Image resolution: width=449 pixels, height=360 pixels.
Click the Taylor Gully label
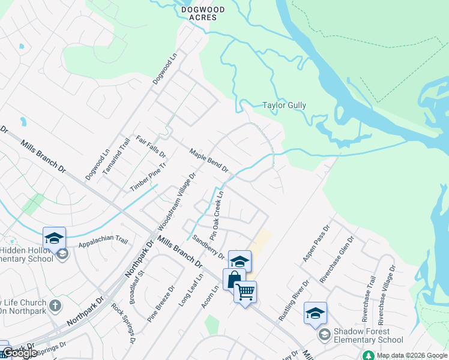tap(284, 106)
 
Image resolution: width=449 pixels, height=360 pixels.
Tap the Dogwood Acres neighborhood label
tap(199, 14)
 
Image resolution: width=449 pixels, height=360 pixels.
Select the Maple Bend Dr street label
tap(209, 160)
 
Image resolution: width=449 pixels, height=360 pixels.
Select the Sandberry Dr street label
tap(208, 247)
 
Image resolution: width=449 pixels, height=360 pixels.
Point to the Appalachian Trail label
tap(103, 241)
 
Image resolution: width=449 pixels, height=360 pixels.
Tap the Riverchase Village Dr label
tap(384, 294)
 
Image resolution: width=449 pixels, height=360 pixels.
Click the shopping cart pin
tap(245, 292)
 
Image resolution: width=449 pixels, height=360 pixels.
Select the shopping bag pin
tap(234, 280)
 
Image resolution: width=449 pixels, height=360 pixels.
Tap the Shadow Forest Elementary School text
tap(361, 335)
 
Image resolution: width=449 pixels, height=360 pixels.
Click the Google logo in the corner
tap(19, 352)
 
